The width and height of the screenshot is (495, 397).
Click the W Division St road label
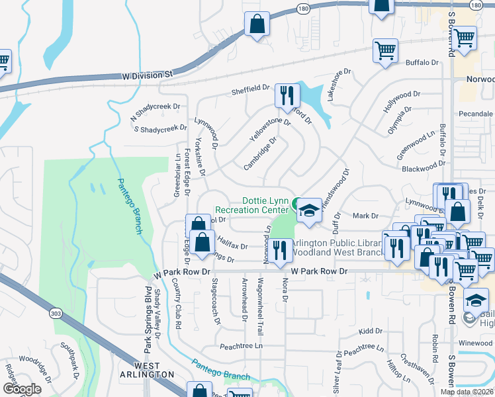tap(147, 75)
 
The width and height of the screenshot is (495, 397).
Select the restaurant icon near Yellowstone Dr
tap(287, 96)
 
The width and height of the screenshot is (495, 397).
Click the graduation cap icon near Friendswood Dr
tap(308, 210)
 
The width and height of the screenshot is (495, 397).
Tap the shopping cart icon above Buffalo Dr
tap(385, 50)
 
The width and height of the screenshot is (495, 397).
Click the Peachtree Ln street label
tap(241, 345)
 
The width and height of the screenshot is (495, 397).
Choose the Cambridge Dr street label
tap(259, 154)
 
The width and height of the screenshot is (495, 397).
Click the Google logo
tap(22, 389)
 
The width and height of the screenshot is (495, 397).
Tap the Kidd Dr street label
tap(366, 330)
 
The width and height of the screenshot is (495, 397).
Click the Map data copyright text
tap(467, 392)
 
